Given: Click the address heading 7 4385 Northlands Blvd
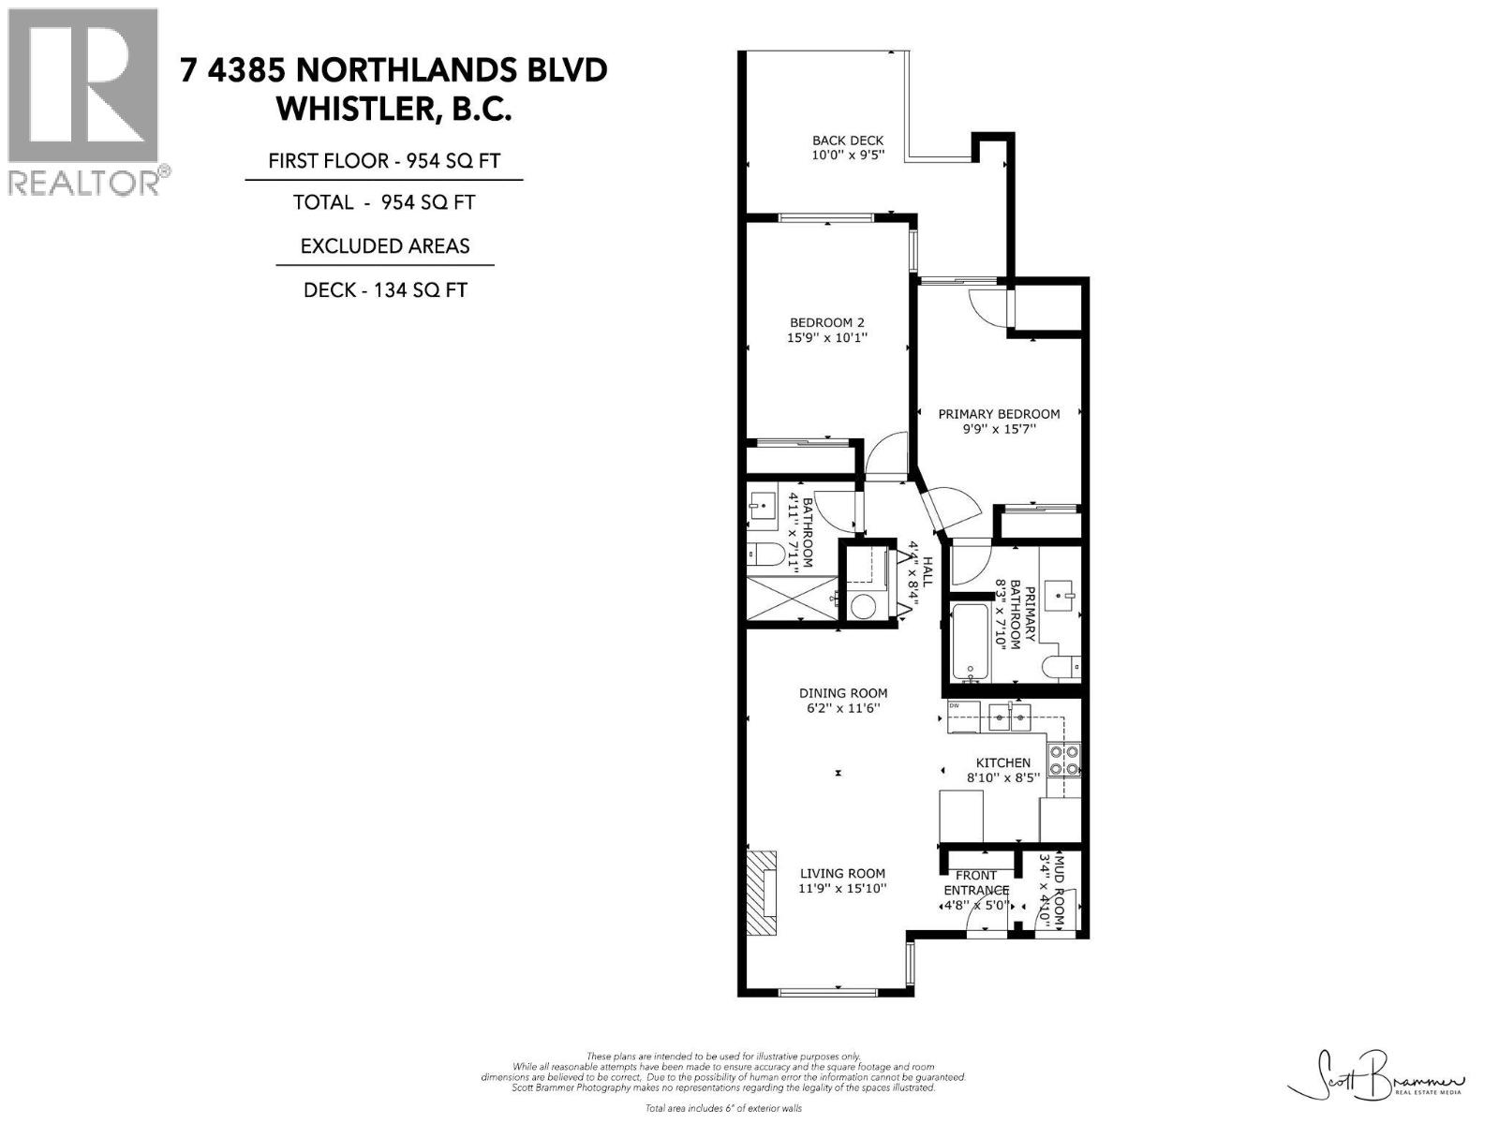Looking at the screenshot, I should click(394, 70).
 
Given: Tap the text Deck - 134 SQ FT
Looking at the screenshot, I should click(384, 290).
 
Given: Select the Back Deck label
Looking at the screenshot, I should click(847, 140).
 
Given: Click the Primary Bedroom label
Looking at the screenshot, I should click(999, 414).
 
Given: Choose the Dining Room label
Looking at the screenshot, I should click(842, 693).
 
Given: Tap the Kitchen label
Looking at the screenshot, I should click(1002, 762).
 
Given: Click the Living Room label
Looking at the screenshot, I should click(842, 873).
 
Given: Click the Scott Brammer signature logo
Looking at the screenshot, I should click(1376, 1086).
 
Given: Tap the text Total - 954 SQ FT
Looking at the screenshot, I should click(384, 202).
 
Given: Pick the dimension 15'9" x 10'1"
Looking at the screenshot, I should click(827, 337).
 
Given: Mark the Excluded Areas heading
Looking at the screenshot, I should click(384, 246).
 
